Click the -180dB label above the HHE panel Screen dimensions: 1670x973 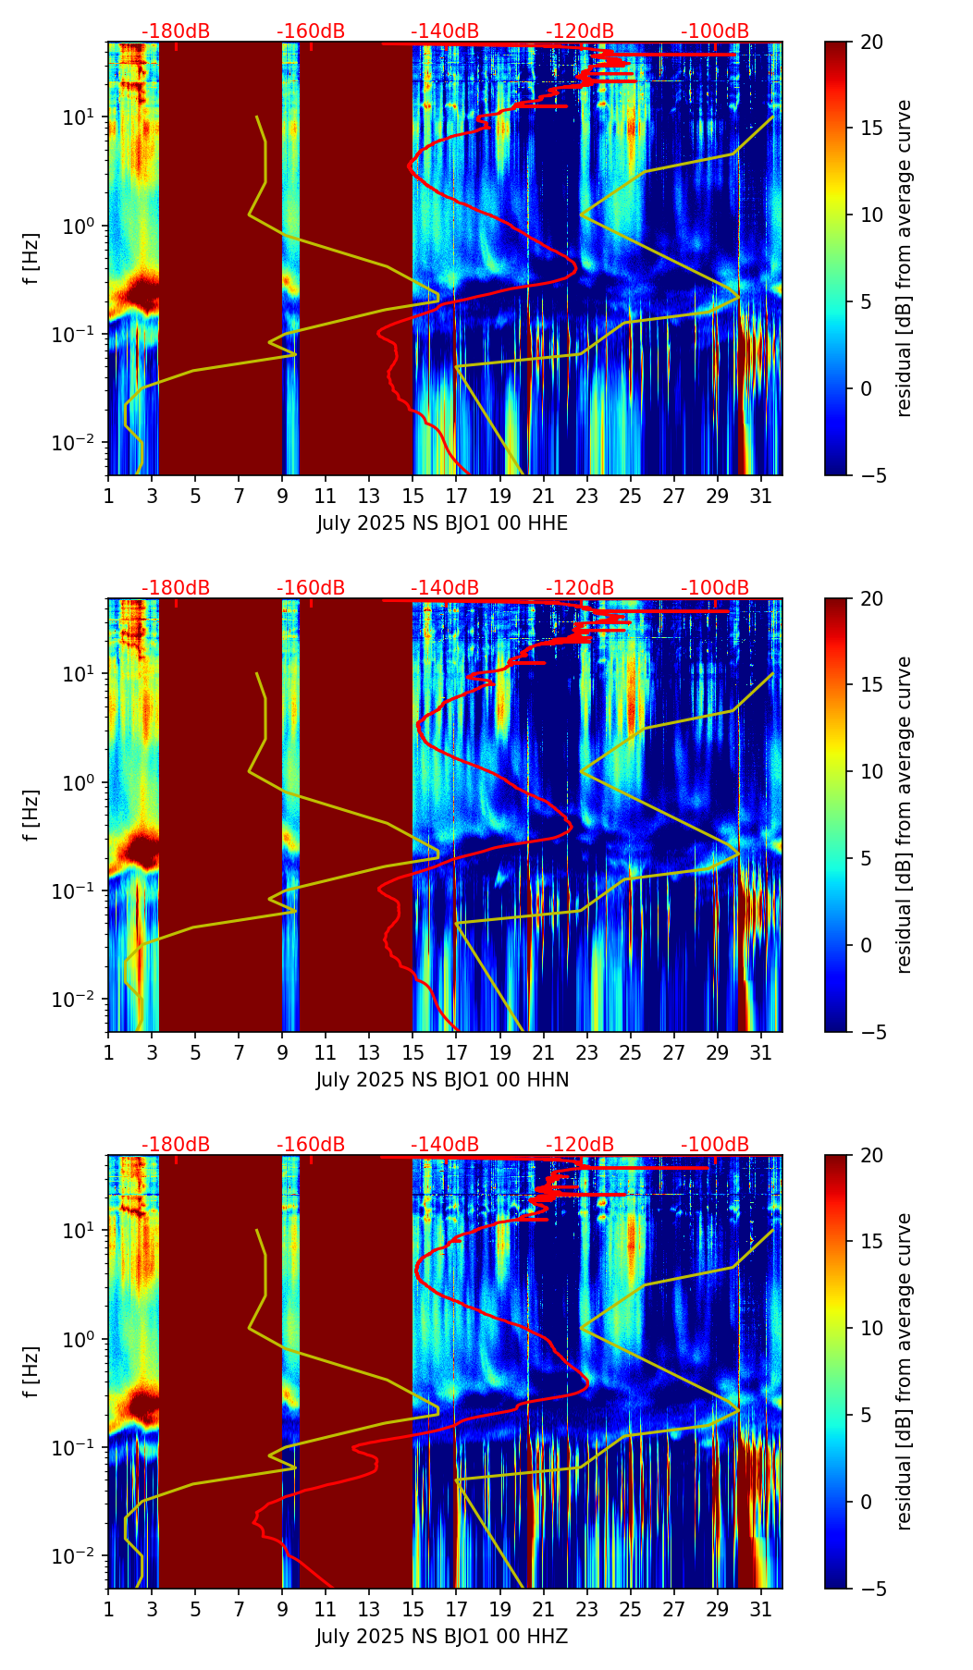pos(176,31)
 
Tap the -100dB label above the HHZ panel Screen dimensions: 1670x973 pos(715,1145)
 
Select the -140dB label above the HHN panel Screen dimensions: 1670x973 pos(445,588)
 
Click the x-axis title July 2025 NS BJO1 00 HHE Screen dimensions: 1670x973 pos(442,523)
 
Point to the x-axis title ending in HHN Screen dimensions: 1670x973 pos(442,1080)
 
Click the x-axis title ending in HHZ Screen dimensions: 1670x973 pos(442,1637)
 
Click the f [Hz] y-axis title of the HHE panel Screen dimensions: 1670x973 pos(31,259)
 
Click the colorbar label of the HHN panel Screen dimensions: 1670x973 pos(905,815)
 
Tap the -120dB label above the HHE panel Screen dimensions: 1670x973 pos(580,31)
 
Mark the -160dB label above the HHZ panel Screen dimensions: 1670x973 pos(311,1145)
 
